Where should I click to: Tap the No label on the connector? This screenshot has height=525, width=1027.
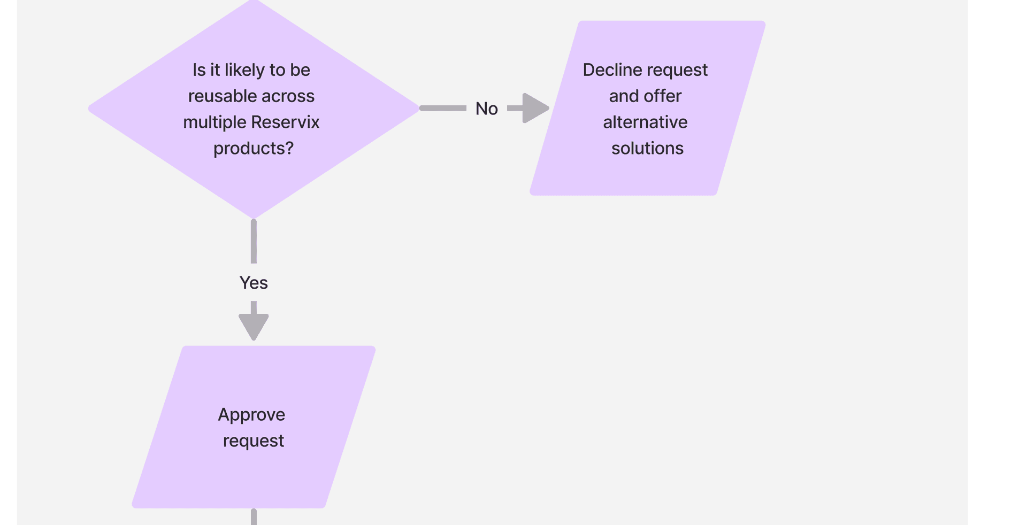[x=486, y=109]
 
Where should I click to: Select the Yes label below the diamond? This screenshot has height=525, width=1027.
[x=254, y=282]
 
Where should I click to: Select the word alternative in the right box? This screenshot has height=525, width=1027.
[x=645, y=122]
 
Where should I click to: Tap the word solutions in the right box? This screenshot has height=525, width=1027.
[x=647, y=149]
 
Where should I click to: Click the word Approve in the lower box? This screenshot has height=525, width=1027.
[x=251, y=415]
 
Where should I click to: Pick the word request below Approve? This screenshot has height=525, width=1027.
[x=254, y=441]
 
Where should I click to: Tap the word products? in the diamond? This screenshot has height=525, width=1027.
[x=254, y=149]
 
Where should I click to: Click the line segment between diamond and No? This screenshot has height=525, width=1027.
[x=443, y=108]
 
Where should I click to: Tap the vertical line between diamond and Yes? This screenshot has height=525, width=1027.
[x=254, y=242]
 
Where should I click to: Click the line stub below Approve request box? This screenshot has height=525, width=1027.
[x=254, y=517]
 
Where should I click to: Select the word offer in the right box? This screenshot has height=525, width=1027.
[x=663, y=96]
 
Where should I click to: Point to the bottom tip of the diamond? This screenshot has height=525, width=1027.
[x=254, y=216]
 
